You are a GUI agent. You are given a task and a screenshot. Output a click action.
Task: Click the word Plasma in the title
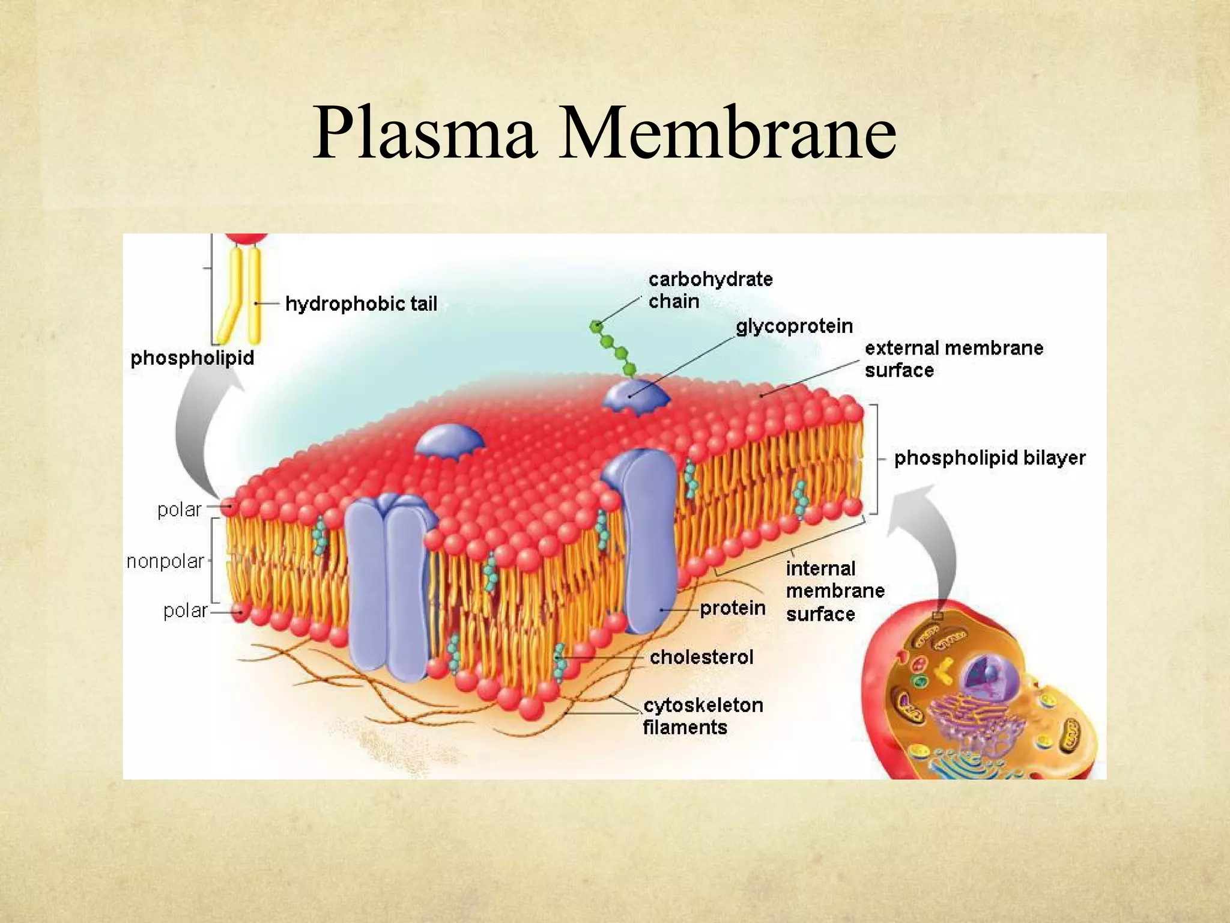click(424, 133)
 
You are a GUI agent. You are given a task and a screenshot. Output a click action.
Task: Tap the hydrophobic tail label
click(361, 304)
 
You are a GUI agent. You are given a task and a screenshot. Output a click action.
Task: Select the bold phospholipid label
click(192, 358)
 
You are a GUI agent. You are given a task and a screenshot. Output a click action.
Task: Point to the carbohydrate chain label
click(709, 290)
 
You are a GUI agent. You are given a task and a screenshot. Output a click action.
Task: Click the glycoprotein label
click(794, 326)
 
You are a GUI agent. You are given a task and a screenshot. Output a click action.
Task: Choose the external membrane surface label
click(953, 359)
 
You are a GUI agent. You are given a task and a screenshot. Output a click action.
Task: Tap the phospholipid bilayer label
click(989, 458)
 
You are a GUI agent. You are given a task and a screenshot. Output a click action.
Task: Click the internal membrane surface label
click(834, 591)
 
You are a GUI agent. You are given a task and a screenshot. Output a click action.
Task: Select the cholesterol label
click(701, 657)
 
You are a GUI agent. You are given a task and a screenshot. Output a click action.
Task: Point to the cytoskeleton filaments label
click(702, 716)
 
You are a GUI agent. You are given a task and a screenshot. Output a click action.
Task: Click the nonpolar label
click(165, 562)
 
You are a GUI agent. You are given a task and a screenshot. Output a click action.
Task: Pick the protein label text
click(732, 609)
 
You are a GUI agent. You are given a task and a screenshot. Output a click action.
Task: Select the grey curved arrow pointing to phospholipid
click(198, 433)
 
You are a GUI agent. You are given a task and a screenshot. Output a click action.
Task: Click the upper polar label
click(179, 510)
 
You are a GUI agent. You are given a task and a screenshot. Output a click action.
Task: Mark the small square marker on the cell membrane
click(938, 616)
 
